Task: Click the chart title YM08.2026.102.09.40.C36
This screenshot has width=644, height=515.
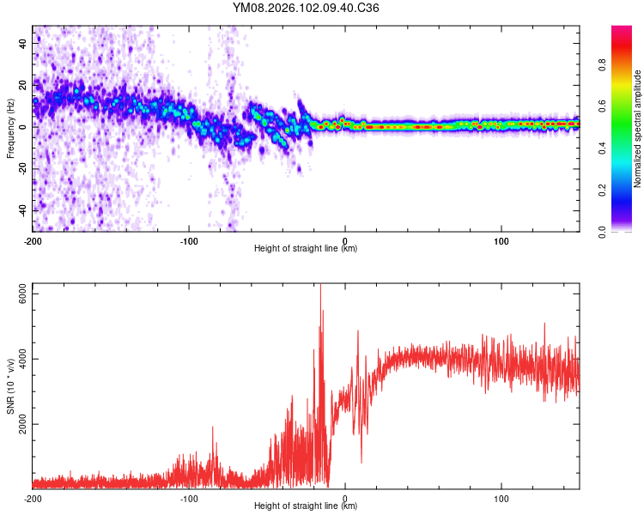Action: tap(306, 9)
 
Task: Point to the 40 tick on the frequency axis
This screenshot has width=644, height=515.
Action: tap(24, 42)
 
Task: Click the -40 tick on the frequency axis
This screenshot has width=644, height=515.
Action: tap(22, 209)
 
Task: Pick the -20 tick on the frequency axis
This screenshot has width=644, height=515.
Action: tap(22, 168)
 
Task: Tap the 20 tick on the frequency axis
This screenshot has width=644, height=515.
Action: tap(24, 84)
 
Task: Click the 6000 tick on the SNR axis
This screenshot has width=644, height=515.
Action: tap(19, 294)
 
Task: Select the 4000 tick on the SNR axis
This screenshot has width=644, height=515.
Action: tap(19, 359)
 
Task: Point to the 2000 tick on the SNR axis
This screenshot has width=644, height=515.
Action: tap(19, 424)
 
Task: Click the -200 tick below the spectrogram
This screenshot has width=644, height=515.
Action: tap(33, 241)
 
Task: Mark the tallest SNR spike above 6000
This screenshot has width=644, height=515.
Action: tap(320, 288)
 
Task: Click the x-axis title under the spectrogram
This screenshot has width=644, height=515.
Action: tap(306, 249)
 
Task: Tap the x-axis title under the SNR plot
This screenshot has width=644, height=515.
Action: tap(306, 506)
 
